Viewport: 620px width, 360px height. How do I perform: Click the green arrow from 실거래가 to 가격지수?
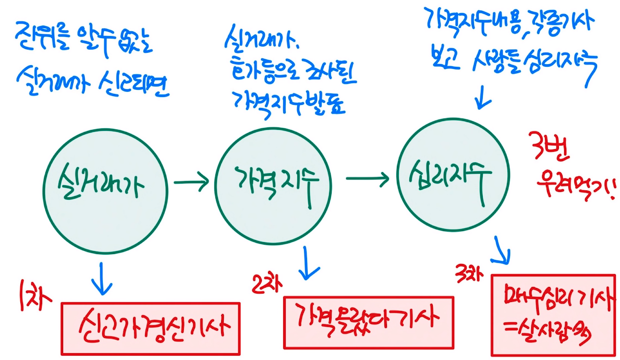pyautogui.click(x=191, y=182)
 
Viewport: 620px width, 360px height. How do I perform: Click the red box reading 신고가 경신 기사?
pyautogui.click(x=151, y=327)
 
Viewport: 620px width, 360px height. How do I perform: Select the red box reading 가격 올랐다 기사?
pyautogui.click(x=368, y=321)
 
